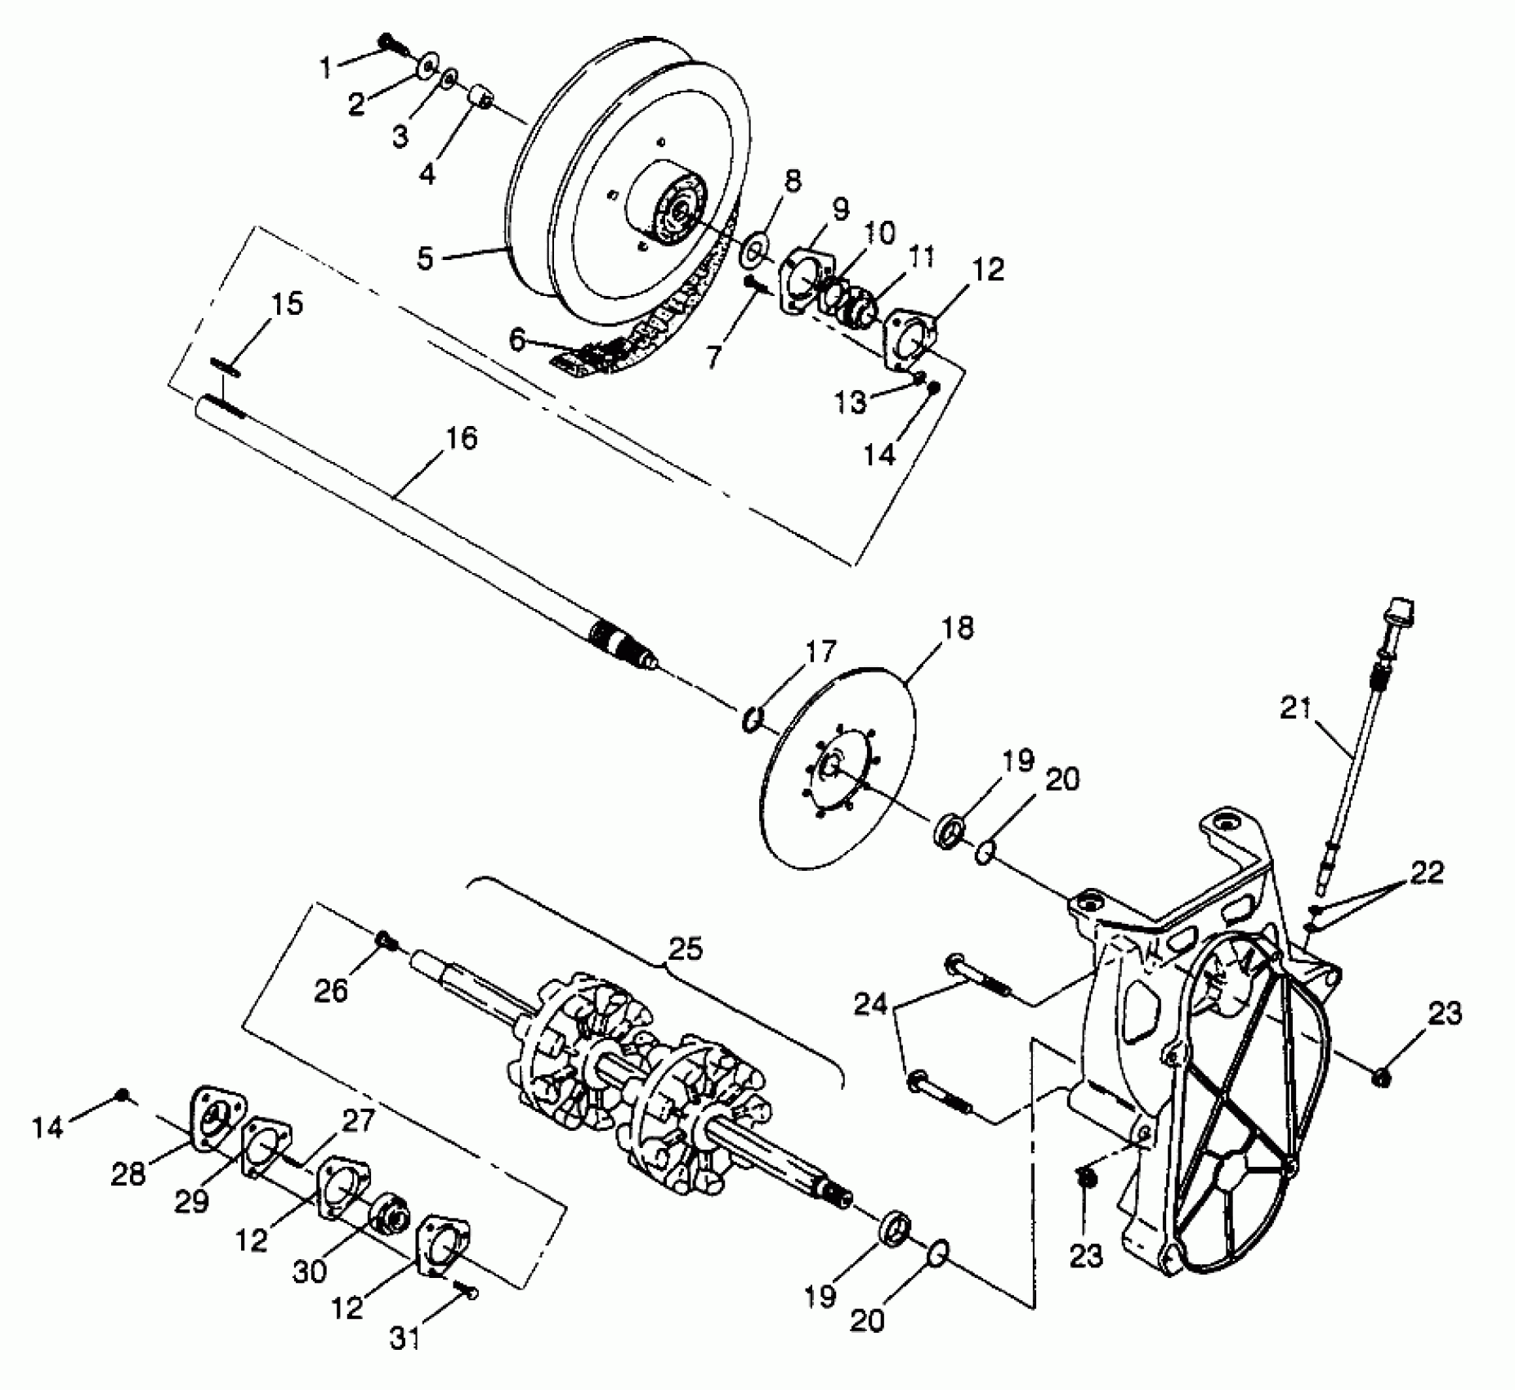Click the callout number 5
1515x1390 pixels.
425,258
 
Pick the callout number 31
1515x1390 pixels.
406,1338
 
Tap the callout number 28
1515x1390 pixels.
128,1174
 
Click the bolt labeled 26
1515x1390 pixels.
385,941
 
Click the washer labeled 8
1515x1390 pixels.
753,251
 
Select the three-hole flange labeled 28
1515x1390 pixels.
215,1118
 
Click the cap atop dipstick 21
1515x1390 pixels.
1400,614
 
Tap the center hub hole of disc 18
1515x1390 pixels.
830,767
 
